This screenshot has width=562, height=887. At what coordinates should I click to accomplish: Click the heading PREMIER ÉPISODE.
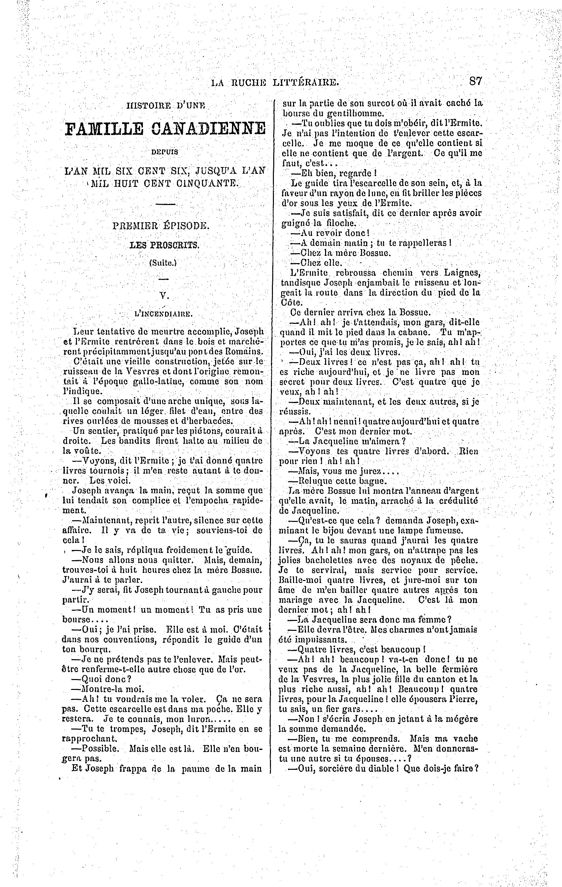161,226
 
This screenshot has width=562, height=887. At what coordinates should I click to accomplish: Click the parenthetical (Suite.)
163,263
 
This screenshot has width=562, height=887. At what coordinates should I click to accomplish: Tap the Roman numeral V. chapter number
163,295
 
